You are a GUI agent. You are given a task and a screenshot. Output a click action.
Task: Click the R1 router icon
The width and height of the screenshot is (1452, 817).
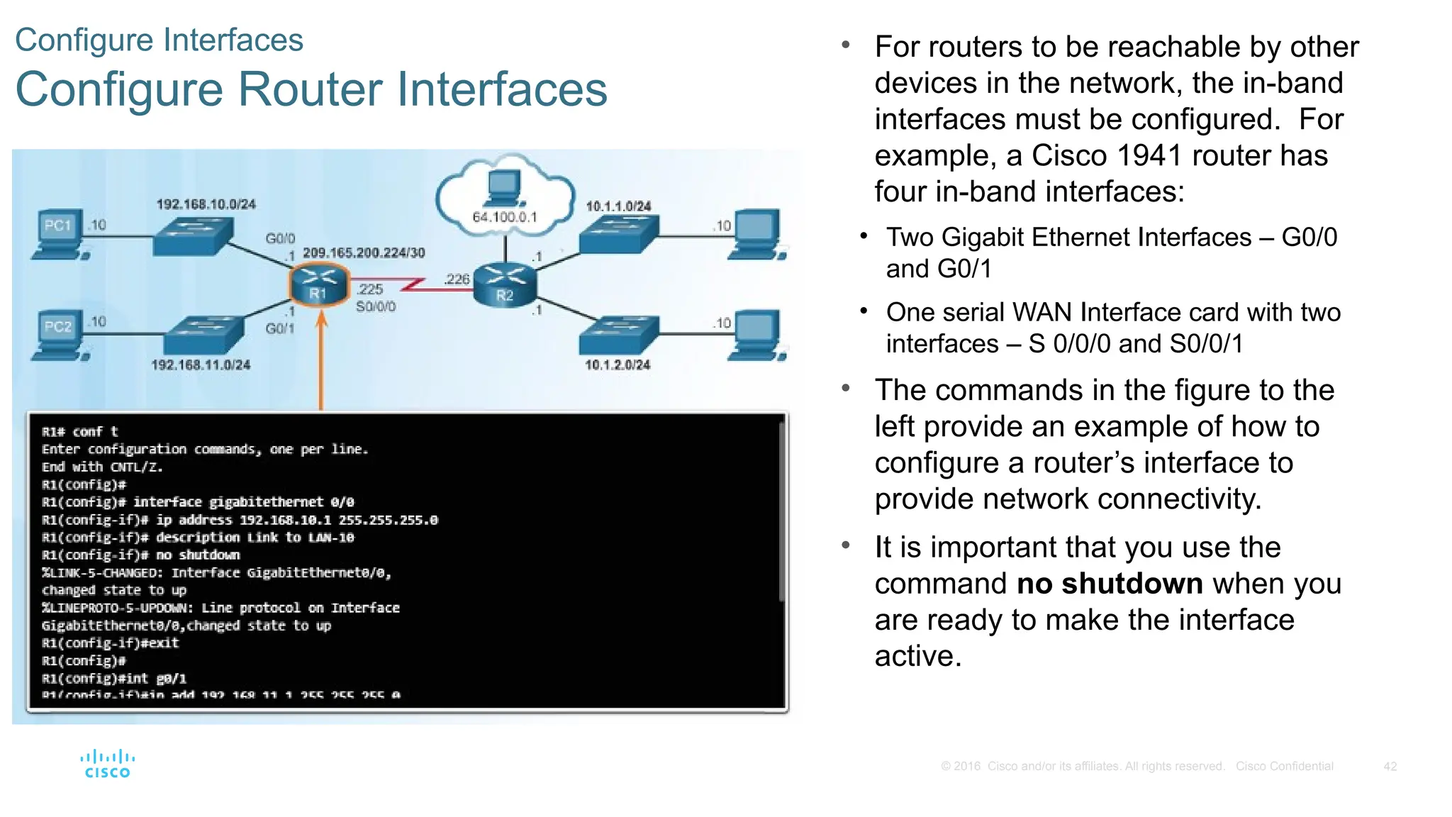click(319, 285)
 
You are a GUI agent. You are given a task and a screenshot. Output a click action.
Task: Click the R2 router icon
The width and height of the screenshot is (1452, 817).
click(504, 284)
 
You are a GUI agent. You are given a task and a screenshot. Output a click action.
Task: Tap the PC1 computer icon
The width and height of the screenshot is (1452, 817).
click(60, 234)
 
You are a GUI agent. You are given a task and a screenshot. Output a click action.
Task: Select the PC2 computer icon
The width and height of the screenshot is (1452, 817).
click(60, 335)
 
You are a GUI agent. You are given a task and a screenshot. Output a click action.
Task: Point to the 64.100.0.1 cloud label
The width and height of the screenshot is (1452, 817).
click(505, 217)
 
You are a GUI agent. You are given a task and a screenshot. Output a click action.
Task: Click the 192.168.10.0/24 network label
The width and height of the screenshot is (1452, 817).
click(206, 204)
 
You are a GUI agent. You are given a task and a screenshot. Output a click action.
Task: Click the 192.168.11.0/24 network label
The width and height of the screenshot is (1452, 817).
click(201, 365)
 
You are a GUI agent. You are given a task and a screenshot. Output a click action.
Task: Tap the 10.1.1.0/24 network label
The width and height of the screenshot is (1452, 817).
click(618, 206)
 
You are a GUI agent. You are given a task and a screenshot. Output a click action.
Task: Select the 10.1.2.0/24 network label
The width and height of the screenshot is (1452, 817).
click(618, 365)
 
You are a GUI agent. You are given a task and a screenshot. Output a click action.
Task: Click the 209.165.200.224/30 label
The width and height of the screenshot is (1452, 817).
click(364, 253)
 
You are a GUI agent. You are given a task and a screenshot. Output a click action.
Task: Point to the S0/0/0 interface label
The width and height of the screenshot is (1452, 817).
click(376, 306)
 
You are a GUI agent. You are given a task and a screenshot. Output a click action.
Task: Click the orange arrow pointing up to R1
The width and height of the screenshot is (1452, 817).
click(321, 362)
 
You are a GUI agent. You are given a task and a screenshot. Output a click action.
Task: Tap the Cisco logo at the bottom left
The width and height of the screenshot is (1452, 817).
click(107, 765)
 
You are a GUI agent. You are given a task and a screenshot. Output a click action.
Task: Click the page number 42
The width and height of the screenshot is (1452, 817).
click(1390, 766)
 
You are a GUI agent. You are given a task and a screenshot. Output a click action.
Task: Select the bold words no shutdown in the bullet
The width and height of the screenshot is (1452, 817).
click(1110, 584)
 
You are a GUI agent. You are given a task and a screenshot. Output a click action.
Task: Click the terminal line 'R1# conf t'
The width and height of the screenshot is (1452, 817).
click(80, 431)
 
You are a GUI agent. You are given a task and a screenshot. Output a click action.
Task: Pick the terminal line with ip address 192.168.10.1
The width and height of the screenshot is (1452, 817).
click(240, 520)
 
